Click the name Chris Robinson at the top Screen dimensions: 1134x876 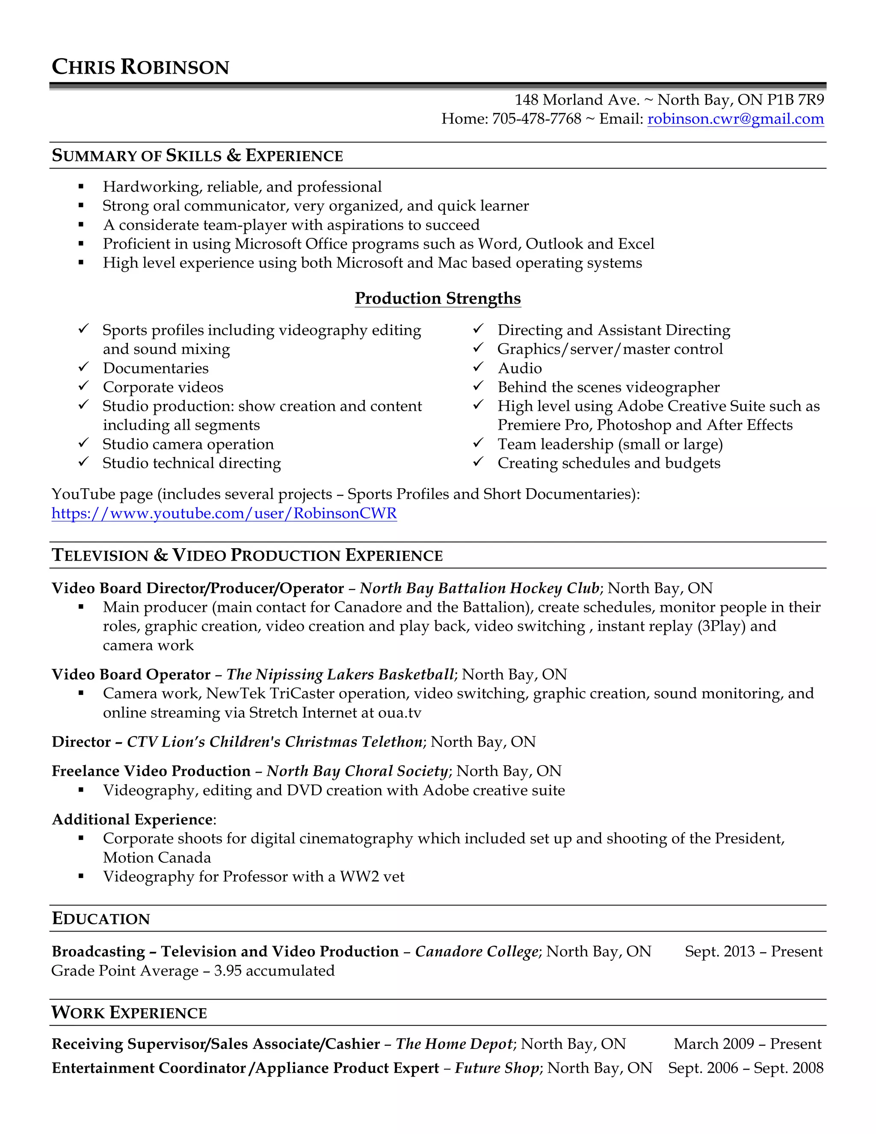tap(140, 67)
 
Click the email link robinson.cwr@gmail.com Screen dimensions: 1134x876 tap(735, 119)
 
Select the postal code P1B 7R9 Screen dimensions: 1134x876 tap(795, 100)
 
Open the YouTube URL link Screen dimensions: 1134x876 tap(224, 513)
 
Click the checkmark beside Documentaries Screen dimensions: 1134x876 tap(83, 367)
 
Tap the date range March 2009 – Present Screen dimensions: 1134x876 tap(747, 1044)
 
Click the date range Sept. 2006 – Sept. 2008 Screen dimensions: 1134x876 tap(745, 1068)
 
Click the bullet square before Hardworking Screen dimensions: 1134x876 tap(81, 187)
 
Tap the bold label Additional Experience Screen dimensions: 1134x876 tap(132, 819)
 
